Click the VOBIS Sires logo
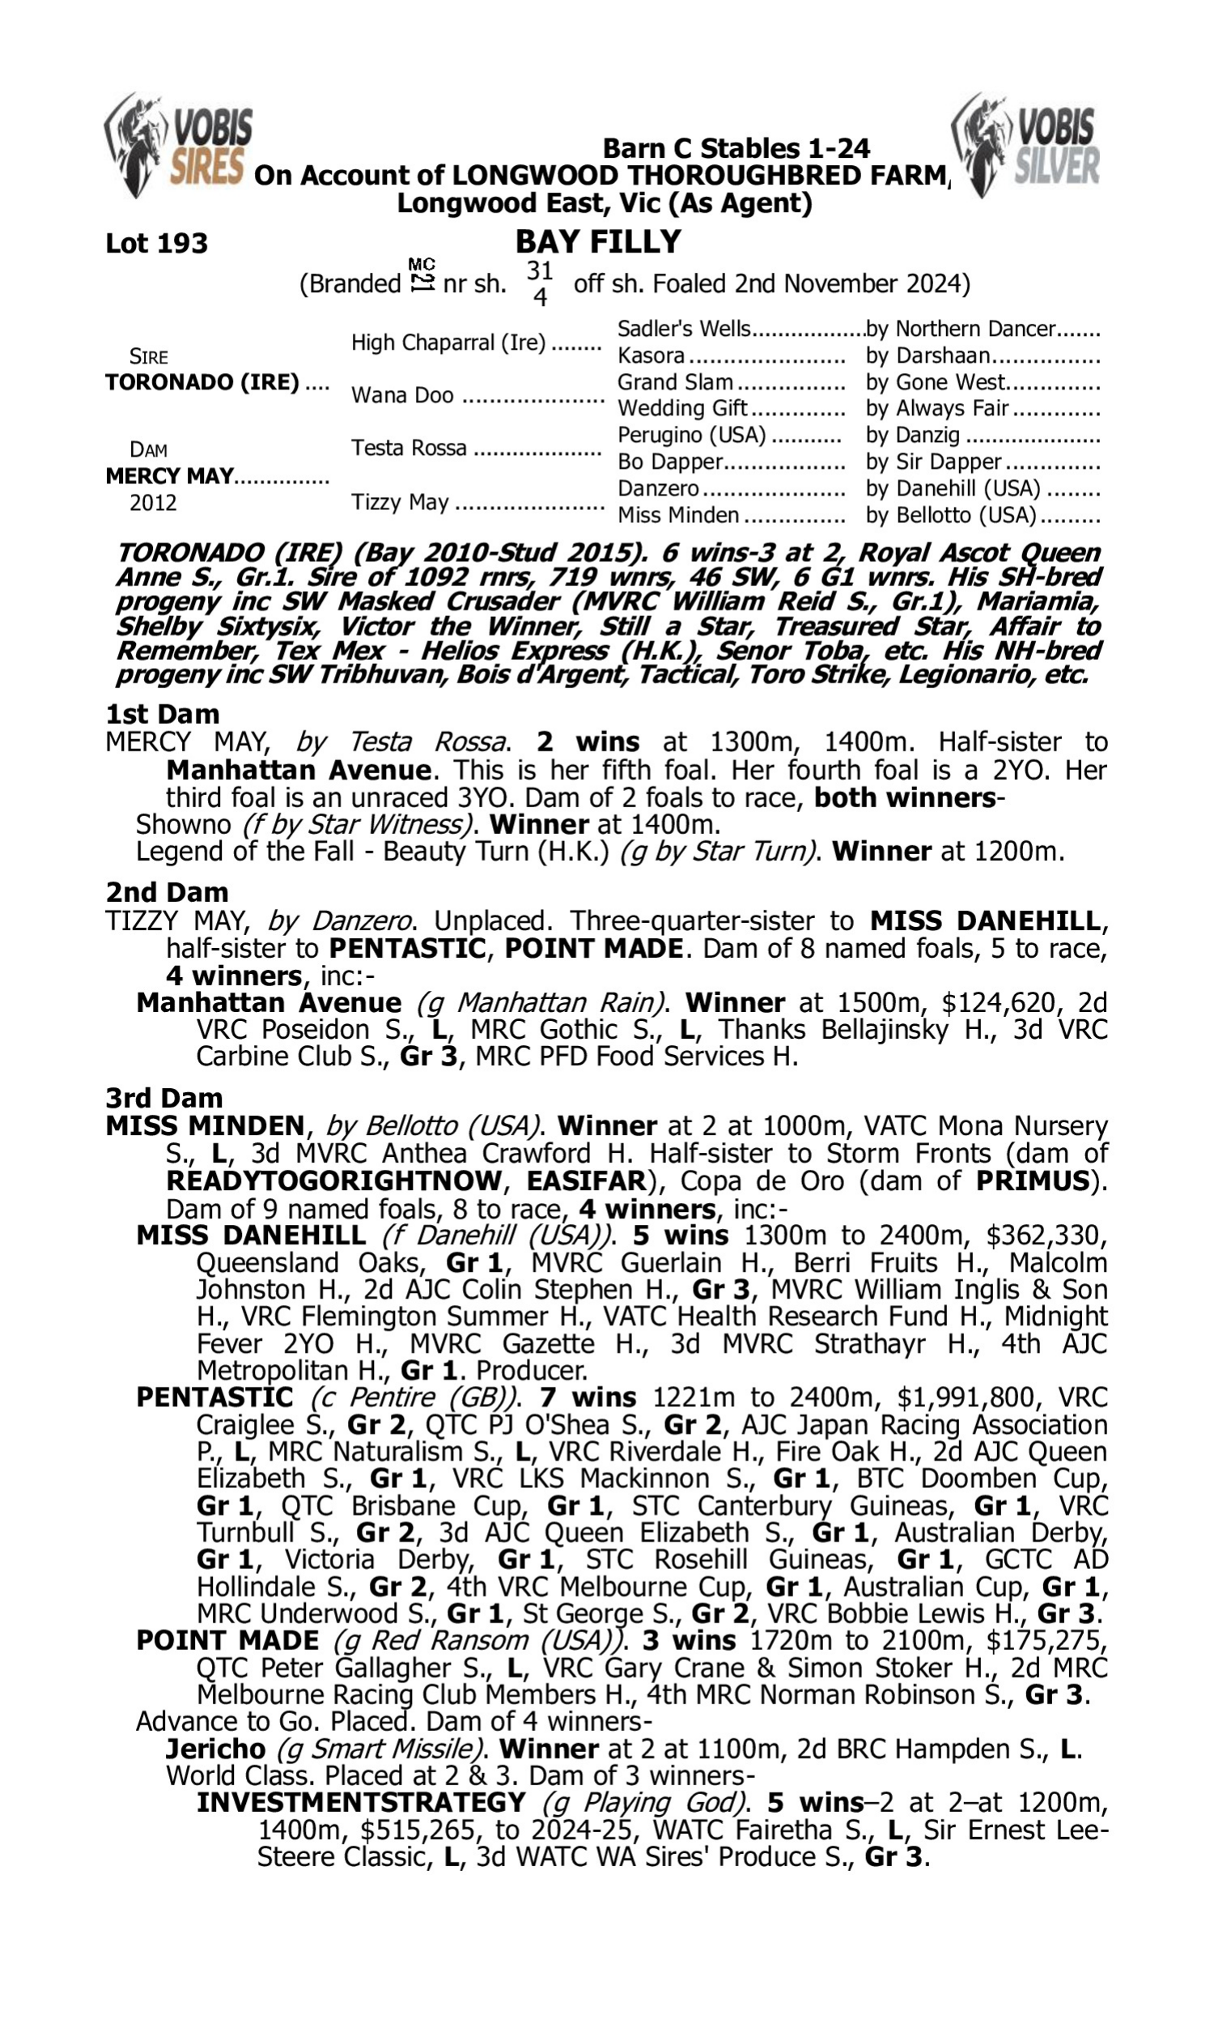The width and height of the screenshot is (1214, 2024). pos(178,146)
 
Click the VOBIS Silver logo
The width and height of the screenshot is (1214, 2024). pos(1026,146)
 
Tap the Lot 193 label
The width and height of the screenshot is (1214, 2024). pos(156,243)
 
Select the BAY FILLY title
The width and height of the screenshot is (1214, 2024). pos(598,241)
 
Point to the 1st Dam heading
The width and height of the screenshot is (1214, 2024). pos(162,714)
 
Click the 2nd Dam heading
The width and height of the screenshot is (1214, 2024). pos(166,891)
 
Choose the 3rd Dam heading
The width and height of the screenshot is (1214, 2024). pos(163,1098)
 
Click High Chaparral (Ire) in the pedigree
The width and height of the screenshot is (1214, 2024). pos(448,342)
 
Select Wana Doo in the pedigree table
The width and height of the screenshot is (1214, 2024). pos(401,395)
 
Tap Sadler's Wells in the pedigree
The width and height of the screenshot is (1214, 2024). pos(683,329)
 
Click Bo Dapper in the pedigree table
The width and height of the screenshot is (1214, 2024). pos(669,462)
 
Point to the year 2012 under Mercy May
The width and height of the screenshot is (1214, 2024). pos(153,502)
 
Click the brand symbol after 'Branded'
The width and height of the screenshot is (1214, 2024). pos(422,276)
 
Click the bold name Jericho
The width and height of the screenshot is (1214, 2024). pos(215,1749)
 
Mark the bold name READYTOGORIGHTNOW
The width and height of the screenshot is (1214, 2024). pos(333,1181)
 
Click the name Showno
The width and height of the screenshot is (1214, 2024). pos(183,824)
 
